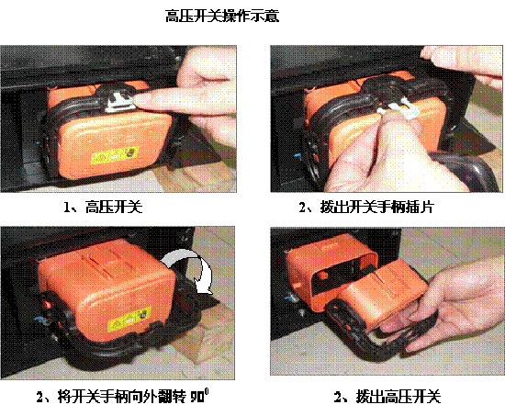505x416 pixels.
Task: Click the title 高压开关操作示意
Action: [222, 16]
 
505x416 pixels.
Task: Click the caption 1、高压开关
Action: [103, 207]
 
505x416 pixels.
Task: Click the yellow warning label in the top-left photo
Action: [115, 155]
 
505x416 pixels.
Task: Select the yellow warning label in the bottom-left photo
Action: [129, 320]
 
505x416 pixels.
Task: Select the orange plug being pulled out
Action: [383, 297]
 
